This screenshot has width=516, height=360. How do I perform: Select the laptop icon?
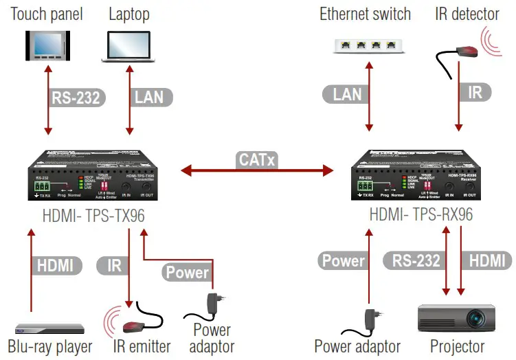click(126, 43)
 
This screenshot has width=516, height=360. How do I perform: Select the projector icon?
click(456, 320)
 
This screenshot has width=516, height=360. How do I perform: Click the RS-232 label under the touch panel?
click(75, 97)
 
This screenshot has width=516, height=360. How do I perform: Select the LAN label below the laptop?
click(148, 97)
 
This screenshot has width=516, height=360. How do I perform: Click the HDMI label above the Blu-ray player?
click(57, 264)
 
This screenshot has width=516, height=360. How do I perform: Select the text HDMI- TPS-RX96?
click(420, 214)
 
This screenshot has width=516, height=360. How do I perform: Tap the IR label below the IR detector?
click(475, 91)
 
